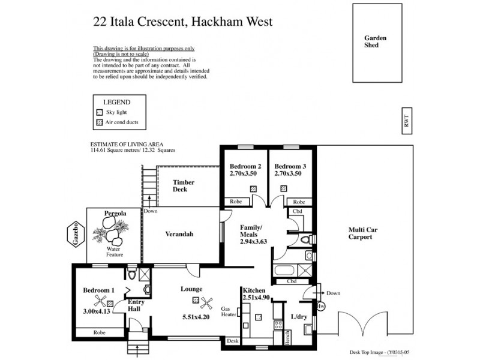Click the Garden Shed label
point(376,41)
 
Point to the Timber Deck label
point(180,186)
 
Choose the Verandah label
point(181,234)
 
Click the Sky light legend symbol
point(100,112)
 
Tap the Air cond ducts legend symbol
point(100,123)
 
